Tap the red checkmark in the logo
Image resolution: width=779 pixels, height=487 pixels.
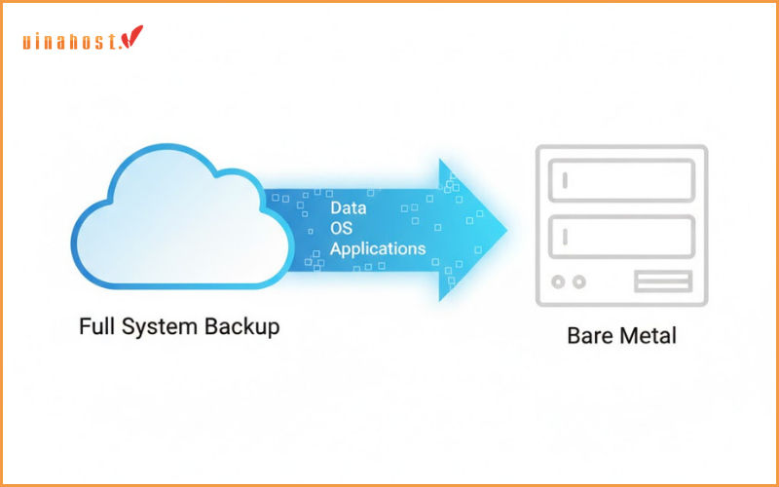click(x=131, y=38)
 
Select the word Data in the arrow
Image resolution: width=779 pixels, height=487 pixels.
click(x=348, y=208)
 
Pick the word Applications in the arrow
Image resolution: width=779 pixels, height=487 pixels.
click(x=378, y=248)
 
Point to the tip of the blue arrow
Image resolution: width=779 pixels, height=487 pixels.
click(x=505, y=230)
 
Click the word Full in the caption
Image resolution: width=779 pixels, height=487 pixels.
click(x=95, y=326)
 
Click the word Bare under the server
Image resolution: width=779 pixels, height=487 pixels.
click(x=588, y=337)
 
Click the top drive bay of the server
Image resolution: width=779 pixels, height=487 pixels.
click(x=621, y=180)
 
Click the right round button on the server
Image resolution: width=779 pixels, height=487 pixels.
click(x=579, y=282)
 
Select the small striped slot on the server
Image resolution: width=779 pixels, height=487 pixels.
click(x=662, y=282)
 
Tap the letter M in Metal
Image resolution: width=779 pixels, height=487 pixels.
click(x=624, y=337)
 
